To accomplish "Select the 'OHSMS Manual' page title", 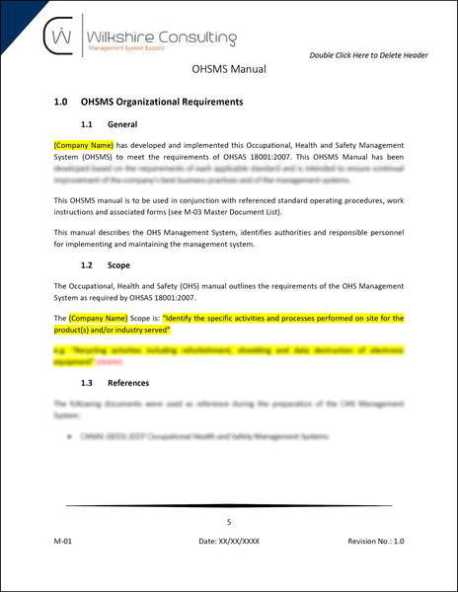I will click(229, 71).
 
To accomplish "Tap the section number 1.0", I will click(61, 102).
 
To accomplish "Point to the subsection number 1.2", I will click(88, 264).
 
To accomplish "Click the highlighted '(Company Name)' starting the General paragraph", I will click(85, 145).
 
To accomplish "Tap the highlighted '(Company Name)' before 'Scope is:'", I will click(99, 319).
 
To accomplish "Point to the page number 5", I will click(229, 522).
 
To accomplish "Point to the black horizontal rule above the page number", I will click(229, 505).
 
